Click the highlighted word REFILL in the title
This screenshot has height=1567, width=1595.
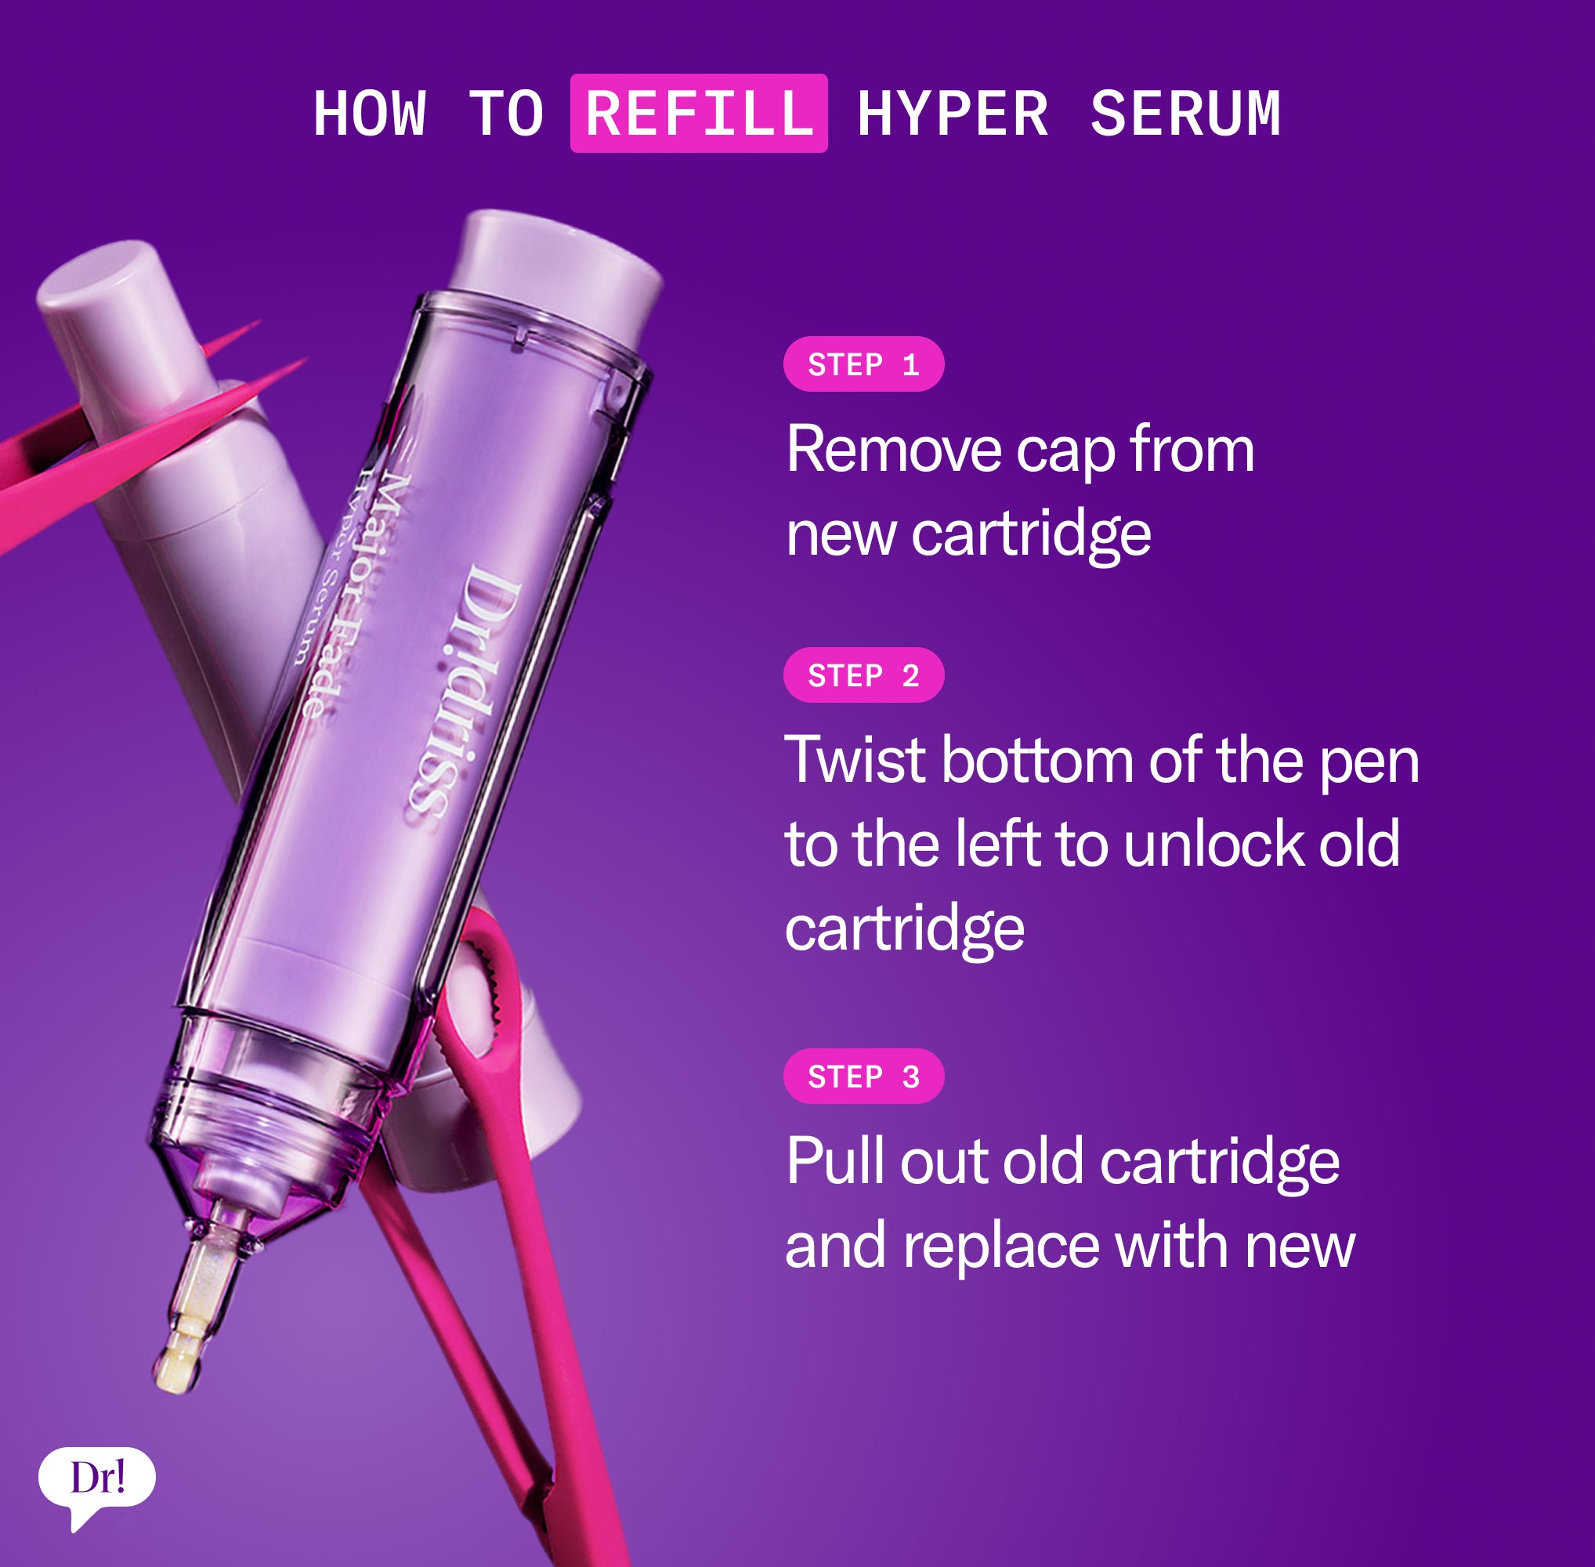click(x=699, y=113)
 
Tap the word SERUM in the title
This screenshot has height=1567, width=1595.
click(x=1185, y=114)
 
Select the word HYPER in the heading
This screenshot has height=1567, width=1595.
click(x=953, y=114)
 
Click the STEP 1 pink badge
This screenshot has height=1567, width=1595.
click(x=863, y=364)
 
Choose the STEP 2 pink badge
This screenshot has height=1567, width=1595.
click(x=863, y=675)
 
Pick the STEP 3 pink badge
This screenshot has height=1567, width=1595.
click(x=863, y=1077)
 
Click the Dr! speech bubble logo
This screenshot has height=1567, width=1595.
click(x=97, y=1478)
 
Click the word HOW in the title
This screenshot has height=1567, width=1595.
click(x=370, y=114)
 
